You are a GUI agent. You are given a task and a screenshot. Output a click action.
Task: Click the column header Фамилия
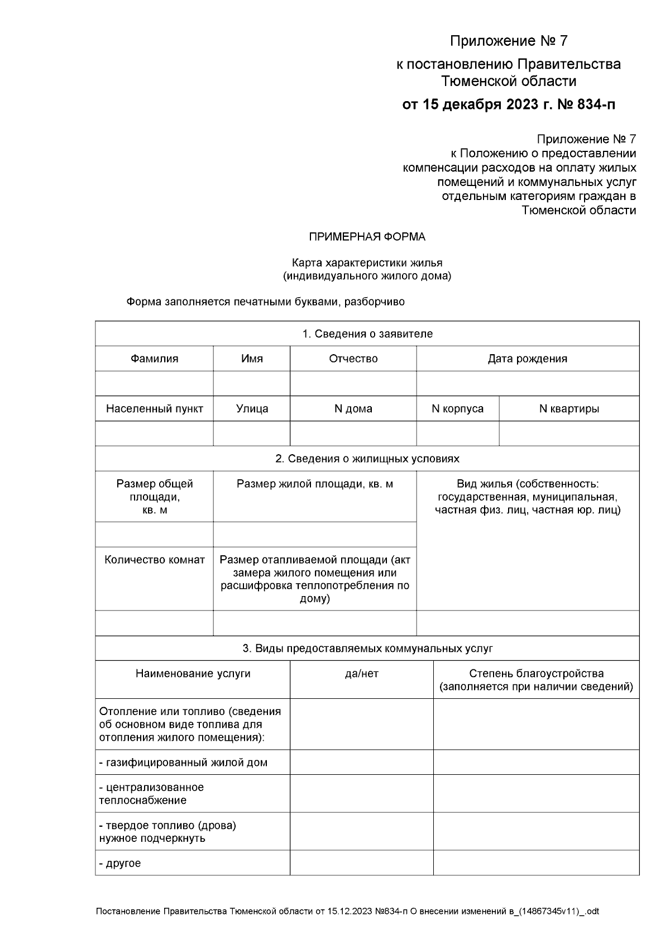(x=154, y=359)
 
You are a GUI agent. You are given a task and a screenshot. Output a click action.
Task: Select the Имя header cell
(x=252, y=359)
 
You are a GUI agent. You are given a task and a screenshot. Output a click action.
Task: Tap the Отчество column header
(x=353, y=359)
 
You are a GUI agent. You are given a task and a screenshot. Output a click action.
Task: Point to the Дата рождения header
(x=527, y=359)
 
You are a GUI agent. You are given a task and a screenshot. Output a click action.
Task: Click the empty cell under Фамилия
(x=154, y=383)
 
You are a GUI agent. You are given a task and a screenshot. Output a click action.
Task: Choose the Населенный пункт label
(x=154, y=408)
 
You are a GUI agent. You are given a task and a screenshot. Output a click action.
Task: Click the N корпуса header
(x=457, y=408)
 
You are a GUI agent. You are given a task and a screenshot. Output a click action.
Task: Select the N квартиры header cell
(x=569, y=408)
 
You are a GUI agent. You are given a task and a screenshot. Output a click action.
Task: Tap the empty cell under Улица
(x=252, y=433)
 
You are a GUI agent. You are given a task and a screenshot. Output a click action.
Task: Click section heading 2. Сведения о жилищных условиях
(x=367, y=459)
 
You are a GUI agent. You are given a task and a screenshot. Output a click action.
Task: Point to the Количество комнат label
(x=154, y=560)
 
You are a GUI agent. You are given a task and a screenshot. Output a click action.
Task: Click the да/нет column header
(x=361, y=674)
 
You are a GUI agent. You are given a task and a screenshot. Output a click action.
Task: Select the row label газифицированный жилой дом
(x=183, y=763)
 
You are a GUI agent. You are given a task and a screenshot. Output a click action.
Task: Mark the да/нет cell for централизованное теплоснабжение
(x=361, y=793)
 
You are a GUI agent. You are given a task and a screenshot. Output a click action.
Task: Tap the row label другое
(x=120, y=863)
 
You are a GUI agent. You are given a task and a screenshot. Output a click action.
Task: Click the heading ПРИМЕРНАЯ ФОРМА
(x=367, y=237)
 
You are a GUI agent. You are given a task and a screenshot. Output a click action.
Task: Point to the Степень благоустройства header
(x=536, y=674)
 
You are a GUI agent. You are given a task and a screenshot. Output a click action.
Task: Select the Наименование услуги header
(x=193, y=674)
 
